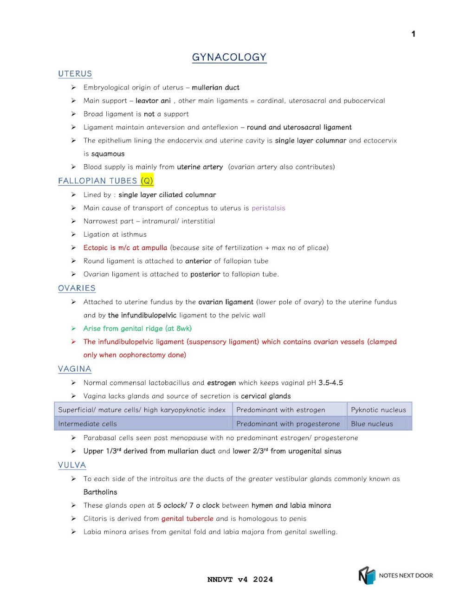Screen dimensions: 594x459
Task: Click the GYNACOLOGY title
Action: pos(229,57)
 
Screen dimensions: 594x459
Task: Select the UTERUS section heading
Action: pos(75,74)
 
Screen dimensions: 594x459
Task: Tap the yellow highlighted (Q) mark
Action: pos(147,181)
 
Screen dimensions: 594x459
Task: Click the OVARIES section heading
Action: pos(77,288)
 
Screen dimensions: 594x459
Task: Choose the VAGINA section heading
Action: pos(74,369)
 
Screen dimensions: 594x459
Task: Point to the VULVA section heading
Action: pos(72,465)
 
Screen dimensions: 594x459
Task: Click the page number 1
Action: pos(413,34)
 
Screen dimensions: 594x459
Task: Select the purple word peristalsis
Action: pos(268,208)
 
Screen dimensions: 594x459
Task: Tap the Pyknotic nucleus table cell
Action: pos(378,410)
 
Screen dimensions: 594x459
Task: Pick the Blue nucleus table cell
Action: pos(372,424)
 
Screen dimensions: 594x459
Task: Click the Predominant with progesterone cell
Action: pos(288,424)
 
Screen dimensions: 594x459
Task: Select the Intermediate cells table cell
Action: pos(87,424)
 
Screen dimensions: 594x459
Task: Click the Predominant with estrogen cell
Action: pos(280,410)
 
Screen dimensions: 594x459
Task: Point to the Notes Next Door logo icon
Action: pos(367,575)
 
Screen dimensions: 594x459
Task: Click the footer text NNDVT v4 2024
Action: pos(240,579)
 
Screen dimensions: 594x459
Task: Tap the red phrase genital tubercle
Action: pos(187,518)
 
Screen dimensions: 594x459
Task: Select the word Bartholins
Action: pos(100,492)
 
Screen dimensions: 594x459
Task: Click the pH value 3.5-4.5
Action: pos(330,383)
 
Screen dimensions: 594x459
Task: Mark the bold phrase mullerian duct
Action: pos(215,87)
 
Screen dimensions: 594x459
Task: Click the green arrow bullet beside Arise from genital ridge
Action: pos(73,329)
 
